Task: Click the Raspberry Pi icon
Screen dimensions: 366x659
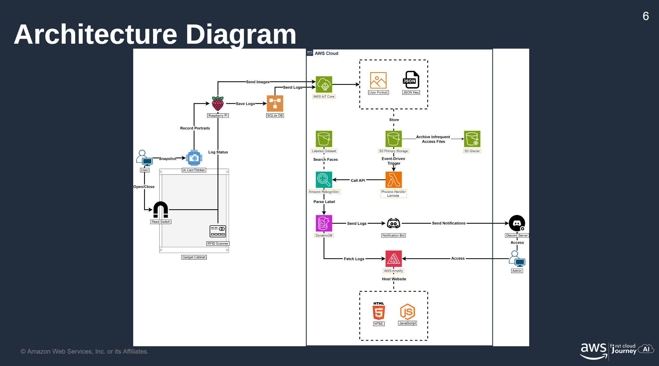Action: point(217,104)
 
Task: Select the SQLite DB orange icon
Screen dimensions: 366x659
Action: point(275,104)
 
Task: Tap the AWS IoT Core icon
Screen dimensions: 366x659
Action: point(324,84)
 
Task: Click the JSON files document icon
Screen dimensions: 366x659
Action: point(411,80)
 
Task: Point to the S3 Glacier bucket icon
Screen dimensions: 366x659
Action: point(472,139)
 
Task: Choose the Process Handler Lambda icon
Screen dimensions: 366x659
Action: point(393,180)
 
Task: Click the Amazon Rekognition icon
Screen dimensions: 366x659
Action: point(324,180)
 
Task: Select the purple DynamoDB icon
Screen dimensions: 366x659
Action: point(324,223)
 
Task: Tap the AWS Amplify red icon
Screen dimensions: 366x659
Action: point(393,258)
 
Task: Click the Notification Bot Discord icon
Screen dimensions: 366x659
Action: point(393,223)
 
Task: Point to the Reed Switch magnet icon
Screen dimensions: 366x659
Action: point(160,209)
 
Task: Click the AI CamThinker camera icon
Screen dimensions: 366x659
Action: point(194,158)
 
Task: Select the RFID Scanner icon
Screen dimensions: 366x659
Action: point(218,231)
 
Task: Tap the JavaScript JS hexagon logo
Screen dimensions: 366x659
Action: point(407,312)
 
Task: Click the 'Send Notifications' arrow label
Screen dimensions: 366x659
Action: point(449,223)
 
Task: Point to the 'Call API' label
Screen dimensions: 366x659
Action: point(358,180)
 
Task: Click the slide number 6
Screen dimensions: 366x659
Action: point(646,16)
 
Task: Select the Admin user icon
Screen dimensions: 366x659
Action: point(517,259)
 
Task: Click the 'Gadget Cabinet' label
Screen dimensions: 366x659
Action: point(194,257)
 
